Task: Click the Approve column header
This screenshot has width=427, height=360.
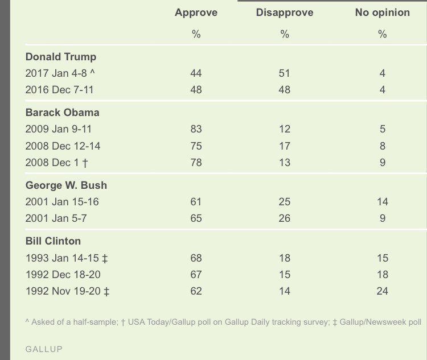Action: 196,13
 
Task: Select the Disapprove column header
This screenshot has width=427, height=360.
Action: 285,13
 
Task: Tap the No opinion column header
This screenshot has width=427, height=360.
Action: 382,13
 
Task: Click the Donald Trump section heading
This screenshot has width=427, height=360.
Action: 61,57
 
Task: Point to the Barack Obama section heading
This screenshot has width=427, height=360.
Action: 63,113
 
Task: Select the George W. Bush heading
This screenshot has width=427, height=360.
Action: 66,185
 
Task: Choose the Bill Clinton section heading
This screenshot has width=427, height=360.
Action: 54,241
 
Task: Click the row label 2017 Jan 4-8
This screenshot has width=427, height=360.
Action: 60,73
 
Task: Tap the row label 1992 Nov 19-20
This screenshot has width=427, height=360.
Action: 67,291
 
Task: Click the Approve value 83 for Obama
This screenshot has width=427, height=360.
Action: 196,129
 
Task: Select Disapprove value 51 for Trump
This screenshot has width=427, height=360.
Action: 285,73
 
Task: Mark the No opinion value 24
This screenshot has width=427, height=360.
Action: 382,291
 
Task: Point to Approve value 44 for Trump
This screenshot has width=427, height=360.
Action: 196,73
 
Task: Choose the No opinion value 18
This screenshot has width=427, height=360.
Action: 382,274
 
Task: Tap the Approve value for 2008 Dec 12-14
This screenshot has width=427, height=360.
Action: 196,146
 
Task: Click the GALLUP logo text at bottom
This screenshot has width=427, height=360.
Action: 44,349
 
